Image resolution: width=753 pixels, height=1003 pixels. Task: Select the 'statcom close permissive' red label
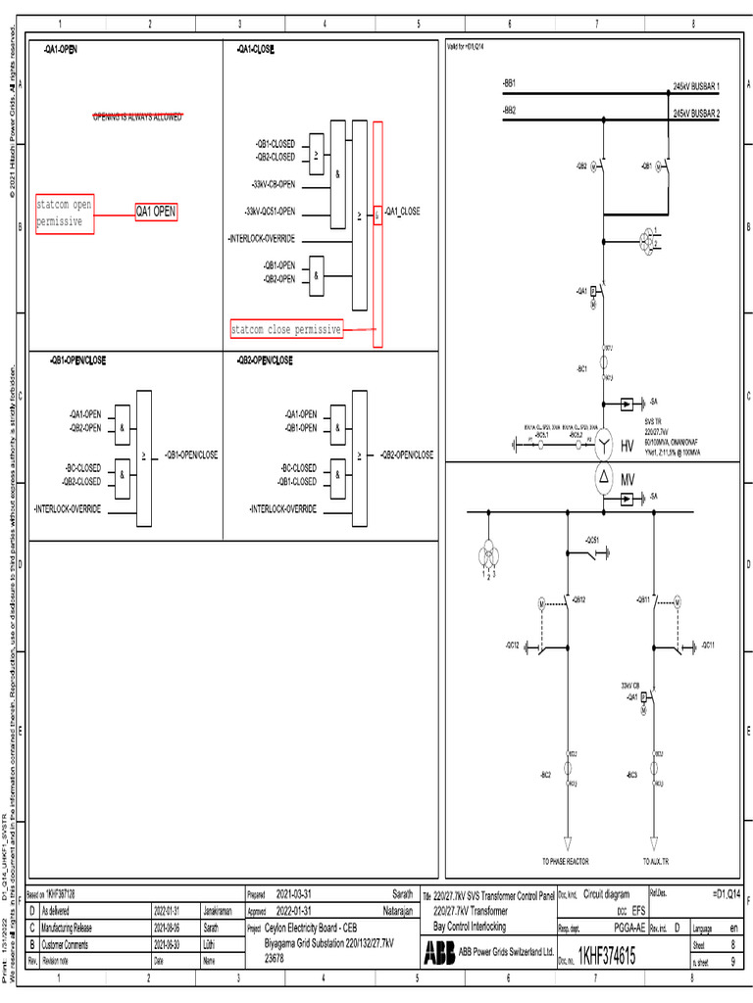pos(285,330)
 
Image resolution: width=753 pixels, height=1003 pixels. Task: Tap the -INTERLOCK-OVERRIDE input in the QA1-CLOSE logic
pos(261,239)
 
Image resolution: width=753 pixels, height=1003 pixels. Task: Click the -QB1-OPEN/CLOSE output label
pos(191,455)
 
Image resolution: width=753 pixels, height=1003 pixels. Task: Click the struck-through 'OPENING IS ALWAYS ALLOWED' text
pos(137,118)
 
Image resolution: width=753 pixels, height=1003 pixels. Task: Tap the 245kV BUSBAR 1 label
pos(696,87)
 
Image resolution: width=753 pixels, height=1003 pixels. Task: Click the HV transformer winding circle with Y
pos(604,447)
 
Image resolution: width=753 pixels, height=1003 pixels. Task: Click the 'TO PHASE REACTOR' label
pos(566,861)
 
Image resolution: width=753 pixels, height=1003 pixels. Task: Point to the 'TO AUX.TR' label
pos(657,861)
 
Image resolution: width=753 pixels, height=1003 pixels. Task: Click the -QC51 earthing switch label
pos(591,541)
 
